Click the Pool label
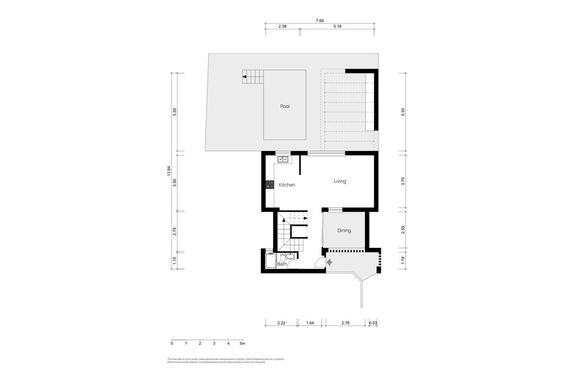pyautogui.click(x=285, y=106)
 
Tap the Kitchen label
pyautogui.click(x=287, y=185)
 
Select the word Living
pyautogui.click(x=340, y=181)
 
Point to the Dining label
pyautogui.click(x=344, y=230)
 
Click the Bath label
pyautogui.click(x=282, y=264)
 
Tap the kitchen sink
pyautogui.click(x=282, y=159)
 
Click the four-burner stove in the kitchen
pyautogui.click(x=270, y=184)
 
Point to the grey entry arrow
pyautogui.click(x=329, y=262)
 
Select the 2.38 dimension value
pyautogui.click(x=282, y=27)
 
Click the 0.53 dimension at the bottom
pyautogui.click(x=373, y=323)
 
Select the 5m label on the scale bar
pyautogui.click(x=242, y=343)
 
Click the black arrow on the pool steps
pyautogui.click(x=244, y=77)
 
